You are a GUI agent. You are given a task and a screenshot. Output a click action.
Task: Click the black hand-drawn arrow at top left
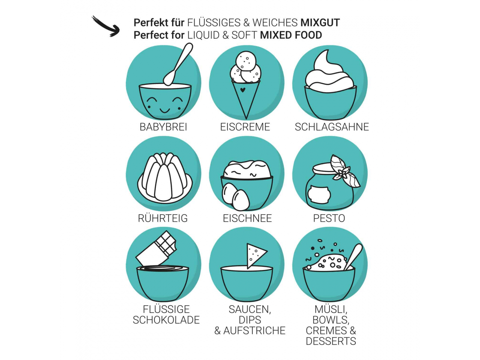tap(106, 27)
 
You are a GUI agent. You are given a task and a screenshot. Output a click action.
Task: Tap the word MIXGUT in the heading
tap(320, 23)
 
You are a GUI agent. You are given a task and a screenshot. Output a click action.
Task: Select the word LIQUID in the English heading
tap(203, 35)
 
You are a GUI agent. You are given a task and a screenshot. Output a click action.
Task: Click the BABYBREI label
tap(163, 127)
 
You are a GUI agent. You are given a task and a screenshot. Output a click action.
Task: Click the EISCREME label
tap(245, 127)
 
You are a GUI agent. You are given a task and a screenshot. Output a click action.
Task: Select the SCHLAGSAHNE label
tap(332, 127)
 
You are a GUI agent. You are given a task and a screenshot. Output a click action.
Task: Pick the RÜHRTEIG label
tap(163, 218)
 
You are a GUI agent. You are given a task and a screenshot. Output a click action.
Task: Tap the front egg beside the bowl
tap(241, 200)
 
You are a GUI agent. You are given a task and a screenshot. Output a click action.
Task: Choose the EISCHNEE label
tap(247, 218)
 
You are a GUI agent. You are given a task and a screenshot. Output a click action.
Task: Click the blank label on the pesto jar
tap(318, 194)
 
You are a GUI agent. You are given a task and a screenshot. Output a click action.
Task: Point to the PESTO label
tap(329, 218)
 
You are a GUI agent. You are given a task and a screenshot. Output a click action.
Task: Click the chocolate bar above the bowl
tap(156, 249)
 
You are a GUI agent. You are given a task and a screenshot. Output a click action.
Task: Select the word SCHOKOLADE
tap(166, 320)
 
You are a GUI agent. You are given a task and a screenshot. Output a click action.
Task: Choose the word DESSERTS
tap(331, 341)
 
